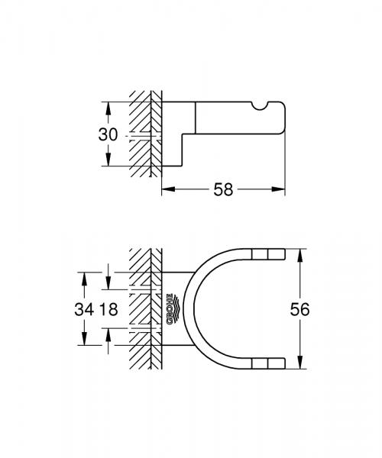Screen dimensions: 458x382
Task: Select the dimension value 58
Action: pyautogui.click(x=223, y=189)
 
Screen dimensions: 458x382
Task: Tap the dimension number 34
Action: pyautogui.click(x=86, y=310)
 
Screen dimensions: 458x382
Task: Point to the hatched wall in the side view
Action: pyautogui.click(x=143, y=134)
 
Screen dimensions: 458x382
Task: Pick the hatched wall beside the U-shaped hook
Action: pyautogui.click(x=143, y=309)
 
